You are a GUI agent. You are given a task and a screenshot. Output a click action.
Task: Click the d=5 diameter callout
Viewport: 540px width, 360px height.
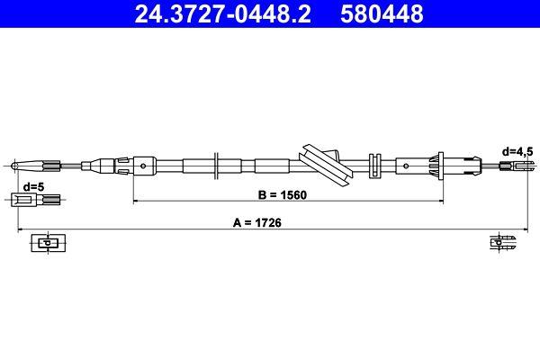pos(33,186)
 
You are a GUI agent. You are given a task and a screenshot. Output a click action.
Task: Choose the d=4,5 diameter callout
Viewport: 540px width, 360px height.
pos(517,152)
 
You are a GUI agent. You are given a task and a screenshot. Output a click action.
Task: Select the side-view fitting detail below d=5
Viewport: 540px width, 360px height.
pos(30,200)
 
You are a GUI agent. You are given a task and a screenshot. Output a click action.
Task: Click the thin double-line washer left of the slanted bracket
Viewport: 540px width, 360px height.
pos(217,165)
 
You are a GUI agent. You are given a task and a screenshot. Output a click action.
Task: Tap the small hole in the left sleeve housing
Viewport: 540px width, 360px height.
pos(145,165)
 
